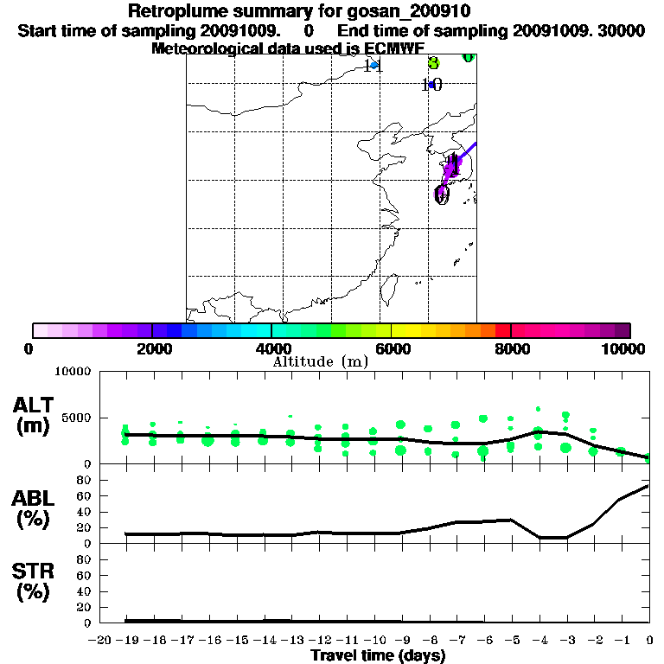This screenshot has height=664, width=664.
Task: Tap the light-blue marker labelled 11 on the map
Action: pos(373,65)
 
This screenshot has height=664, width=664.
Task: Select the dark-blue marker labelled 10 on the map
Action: pos(431,85)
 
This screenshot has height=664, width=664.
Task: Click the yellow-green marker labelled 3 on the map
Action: pos(434,63)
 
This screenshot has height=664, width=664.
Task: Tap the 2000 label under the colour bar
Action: pos(152,348)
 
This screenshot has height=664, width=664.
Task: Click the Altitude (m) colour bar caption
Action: pos(320,361)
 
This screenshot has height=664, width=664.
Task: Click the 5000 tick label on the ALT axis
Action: pos(78,418)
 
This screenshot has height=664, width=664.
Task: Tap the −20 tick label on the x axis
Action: pos(99,640)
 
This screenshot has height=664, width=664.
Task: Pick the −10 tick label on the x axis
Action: pos(373,640)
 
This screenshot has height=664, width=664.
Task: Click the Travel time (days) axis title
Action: pos(378,656)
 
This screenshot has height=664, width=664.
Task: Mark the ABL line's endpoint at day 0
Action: pos(648,486)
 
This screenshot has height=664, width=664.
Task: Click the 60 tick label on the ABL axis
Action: pos(85,495)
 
